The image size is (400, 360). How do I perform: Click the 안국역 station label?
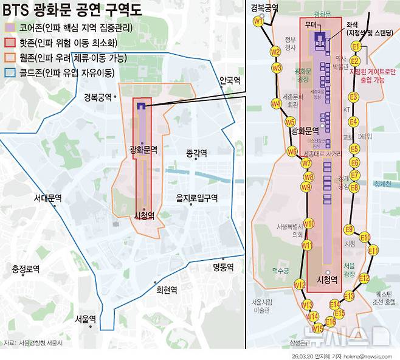point(230,80)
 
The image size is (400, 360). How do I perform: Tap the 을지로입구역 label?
point(196,198)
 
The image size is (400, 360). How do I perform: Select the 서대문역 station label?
point(48,198)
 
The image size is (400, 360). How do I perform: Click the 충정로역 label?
point(26,268)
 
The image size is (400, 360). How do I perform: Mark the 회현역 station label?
point(167,289)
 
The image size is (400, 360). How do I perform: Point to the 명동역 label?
point(223,266)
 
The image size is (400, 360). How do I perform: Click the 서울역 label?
point(86,318)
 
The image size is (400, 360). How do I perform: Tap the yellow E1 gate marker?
point(356,47)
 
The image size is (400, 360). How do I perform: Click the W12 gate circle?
point(299,284)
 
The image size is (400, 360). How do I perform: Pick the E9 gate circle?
point(349,229)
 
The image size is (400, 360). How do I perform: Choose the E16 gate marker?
point(331,321)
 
